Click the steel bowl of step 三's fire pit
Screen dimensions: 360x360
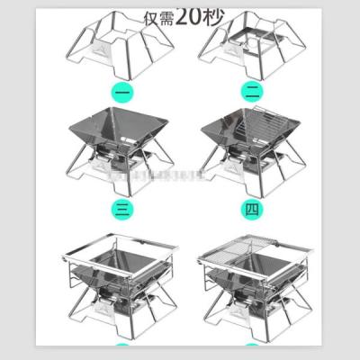(x=127, y=135)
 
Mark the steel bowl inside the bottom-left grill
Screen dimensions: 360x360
(x=128, y=270)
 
